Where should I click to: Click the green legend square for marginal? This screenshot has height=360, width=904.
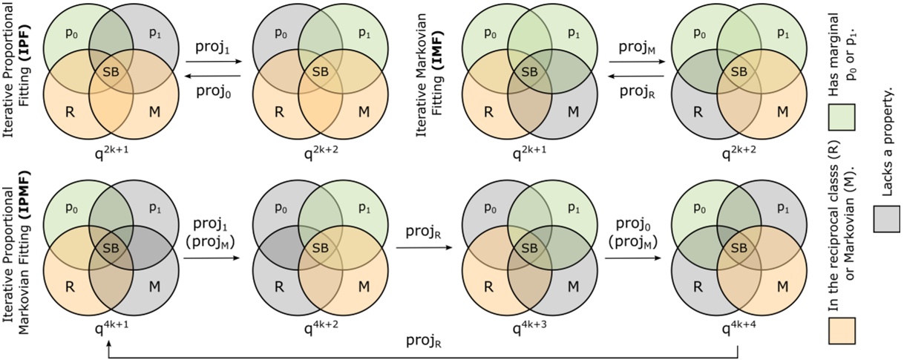click(x=842, y=117)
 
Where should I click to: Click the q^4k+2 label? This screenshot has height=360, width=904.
click(x=318, y=326)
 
